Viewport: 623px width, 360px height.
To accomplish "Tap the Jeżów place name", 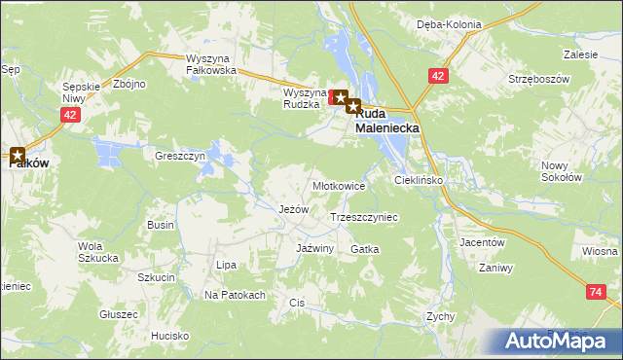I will (293, 209).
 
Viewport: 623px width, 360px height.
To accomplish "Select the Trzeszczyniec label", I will (365, 218).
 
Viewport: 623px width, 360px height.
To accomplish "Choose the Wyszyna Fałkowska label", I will (212, 64).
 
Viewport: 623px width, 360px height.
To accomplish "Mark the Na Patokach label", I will (234, 295).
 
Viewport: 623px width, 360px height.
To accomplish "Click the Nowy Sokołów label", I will (561, 171).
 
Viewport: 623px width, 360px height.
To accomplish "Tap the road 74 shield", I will (595, 291).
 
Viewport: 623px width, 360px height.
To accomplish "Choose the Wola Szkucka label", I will (97, 252).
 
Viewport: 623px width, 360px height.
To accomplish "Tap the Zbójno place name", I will (128, 84).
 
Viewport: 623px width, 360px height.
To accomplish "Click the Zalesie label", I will (580, 55).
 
